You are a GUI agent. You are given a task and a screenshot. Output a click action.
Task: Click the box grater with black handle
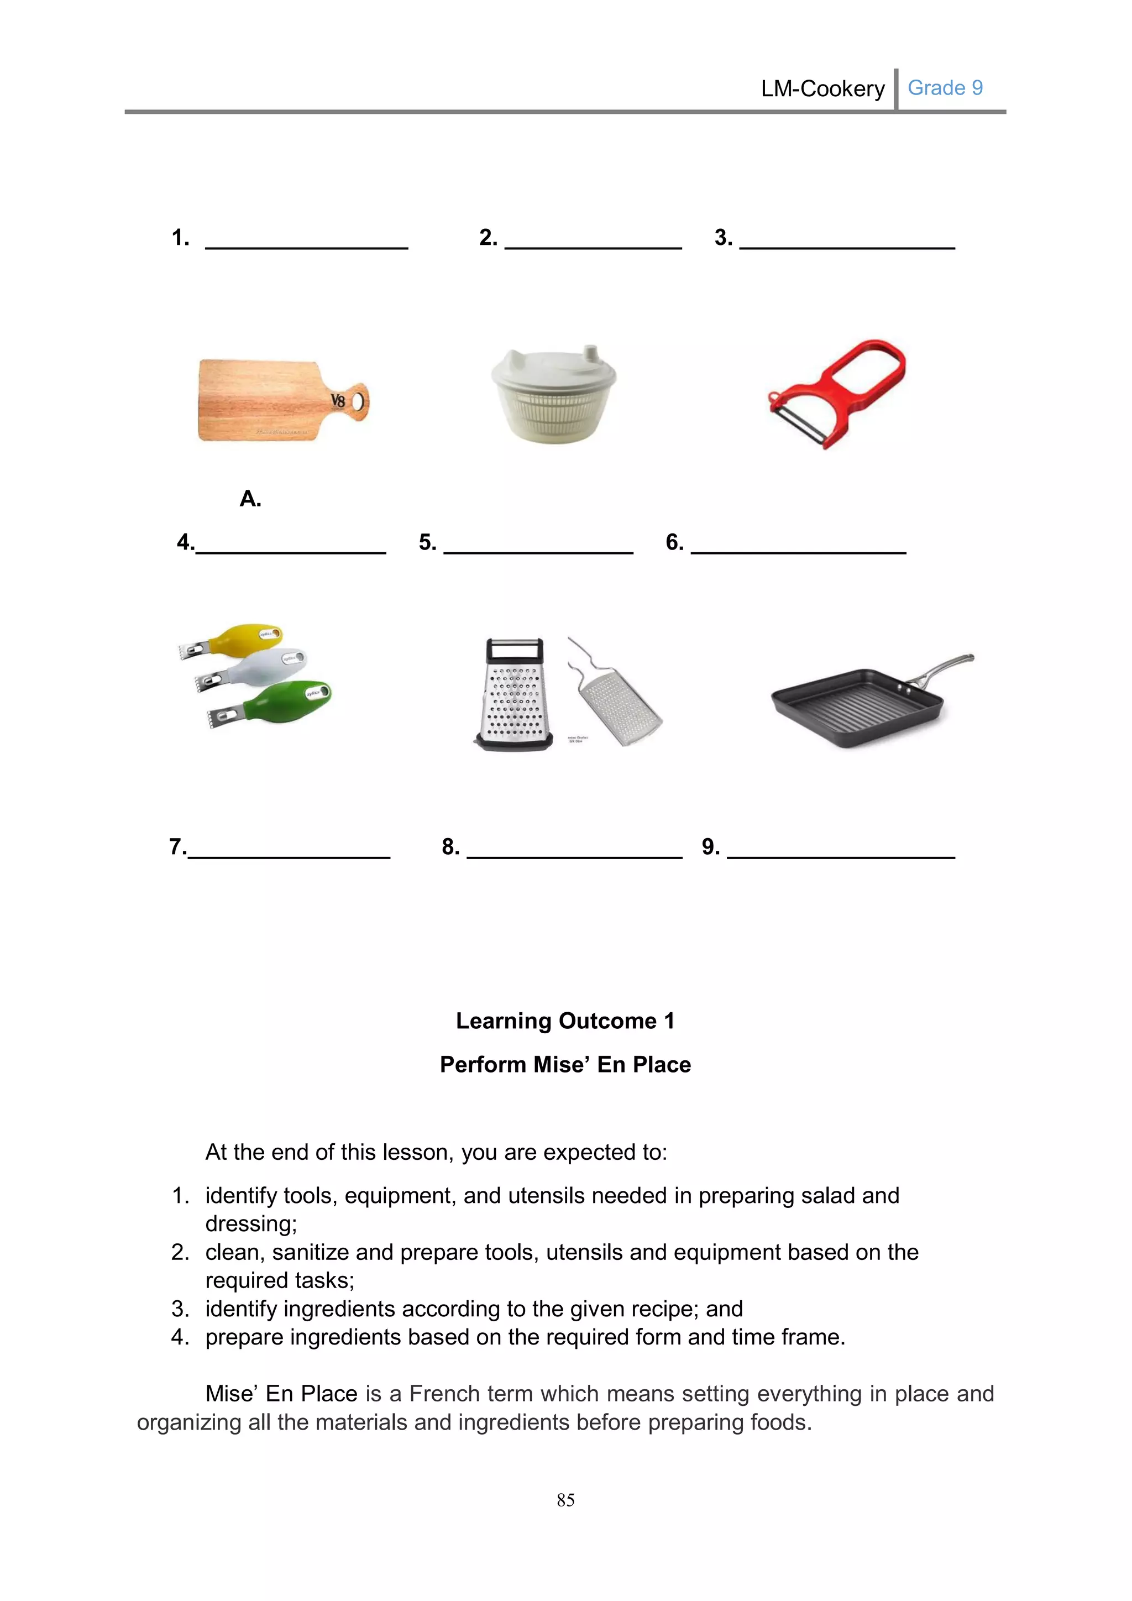click(x=515, y=694)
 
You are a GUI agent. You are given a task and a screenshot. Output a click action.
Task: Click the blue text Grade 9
click(x=945, y=88)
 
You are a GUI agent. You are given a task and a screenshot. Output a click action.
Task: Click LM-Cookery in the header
click(x=822, y=88)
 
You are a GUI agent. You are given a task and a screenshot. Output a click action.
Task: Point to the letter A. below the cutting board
click(x=250, y=499)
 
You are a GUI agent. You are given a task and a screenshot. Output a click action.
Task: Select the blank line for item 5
click(x=538, y=551)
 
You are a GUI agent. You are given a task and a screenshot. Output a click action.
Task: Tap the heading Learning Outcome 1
click(x=565, y=1021)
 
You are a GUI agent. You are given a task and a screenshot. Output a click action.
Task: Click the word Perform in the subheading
click(x=483, y=1065)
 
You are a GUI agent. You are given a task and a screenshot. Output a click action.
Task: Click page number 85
click(x=565, y=1500)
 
